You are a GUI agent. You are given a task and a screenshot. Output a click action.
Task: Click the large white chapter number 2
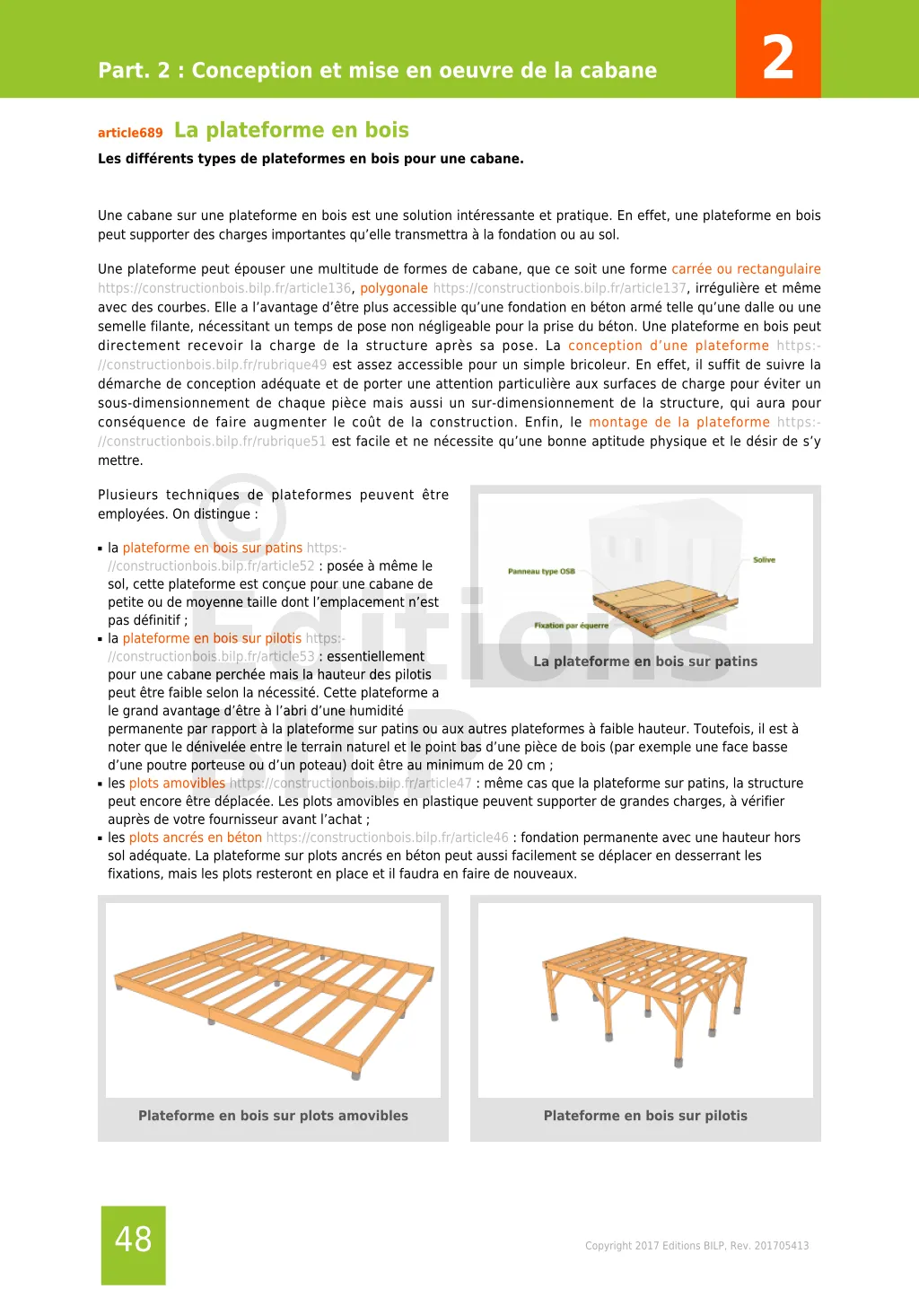[x=777, y=57]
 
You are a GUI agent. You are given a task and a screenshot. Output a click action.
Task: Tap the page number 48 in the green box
[x=134, y=1240]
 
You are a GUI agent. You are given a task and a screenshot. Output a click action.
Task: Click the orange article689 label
[x=130, y=133]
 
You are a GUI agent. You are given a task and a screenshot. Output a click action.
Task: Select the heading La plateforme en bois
[x=292, y=130]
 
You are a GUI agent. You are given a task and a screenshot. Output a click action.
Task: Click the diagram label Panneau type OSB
[x=541, y=571]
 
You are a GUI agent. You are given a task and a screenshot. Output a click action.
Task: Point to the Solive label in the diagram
[x=764, y=560]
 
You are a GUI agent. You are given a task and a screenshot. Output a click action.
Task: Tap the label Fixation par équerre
[x=571, y=626]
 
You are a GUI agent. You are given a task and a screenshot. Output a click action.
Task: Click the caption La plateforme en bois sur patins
[x=645, y=662]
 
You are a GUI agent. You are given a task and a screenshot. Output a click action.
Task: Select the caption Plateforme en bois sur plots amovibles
[x=273, y=1116]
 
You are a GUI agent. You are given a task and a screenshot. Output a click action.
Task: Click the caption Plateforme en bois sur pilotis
[x=645, y=1116]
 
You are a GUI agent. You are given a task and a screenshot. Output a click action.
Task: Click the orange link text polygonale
[x=394, y=288]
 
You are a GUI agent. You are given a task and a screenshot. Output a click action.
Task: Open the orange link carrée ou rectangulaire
[x=746, y=269]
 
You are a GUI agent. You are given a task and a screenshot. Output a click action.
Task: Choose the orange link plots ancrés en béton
[x=196, y=837]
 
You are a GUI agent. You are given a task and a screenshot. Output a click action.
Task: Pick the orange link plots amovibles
[x=177, y=784]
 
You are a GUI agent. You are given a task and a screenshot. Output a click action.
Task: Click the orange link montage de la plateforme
[x=679, y=423]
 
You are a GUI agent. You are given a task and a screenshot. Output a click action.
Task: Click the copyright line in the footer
[x=696, y=1246]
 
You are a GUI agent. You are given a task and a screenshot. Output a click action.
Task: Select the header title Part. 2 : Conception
[x=377, y=70]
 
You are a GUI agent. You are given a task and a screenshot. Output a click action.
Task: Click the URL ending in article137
[x=559, y=288]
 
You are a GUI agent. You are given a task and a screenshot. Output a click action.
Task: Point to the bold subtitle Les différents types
[x=311, y=159]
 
